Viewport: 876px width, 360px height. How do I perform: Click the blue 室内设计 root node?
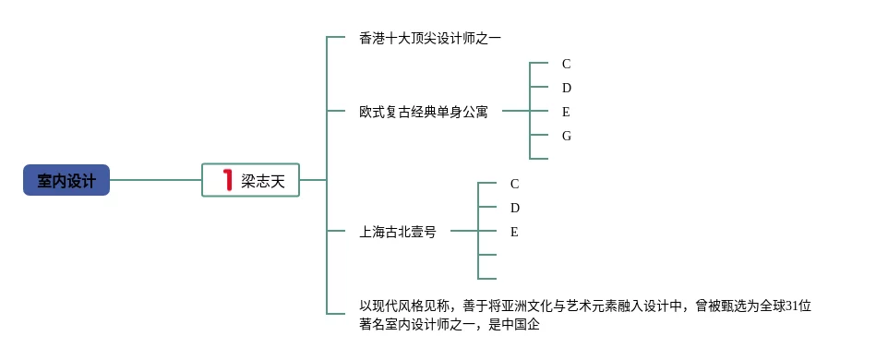click(x=66, y=180)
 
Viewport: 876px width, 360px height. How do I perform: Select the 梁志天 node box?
click(x=251, y=180)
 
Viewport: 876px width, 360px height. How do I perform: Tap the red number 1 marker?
click(x=227, y=180)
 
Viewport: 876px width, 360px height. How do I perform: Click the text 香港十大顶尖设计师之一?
click(x=430, y=39)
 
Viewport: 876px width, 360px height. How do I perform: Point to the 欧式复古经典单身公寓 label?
click(x=424, y=112)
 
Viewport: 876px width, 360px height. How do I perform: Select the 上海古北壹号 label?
click(x=398, y=232)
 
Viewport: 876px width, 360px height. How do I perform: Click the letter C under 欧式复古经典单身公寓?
click(x=567, y=65)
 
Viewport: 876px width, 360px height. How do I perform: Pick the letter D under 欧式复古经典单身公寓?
click(x=567, y=89)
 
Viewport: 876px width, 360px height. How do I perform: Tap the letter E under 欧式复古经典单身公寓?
click(x=566, y=113)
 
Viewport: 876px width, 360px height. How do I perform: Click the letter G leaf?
click(x=567, y=136)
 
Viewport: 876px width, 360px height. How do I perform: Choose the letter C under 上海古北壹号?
click(x=515, y=184)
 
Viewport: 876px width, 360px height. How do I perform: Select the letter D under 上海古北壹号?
click(x=515, y=208)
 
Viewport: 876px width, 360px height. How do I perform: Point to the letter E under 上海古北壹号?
click(x=514, y=232)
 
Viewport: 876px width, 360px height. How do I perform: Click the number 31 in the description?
click(x=792, y=306)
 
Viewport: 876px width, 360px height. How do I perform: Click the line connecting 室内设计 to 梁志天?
click(x=156, y=180)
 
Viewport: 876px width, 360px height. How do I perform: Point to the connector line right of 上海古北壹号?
click(x=464, y=231)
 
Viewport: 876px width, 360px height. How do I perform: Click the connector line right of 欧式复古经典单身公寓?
click(x=516, y=111)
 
